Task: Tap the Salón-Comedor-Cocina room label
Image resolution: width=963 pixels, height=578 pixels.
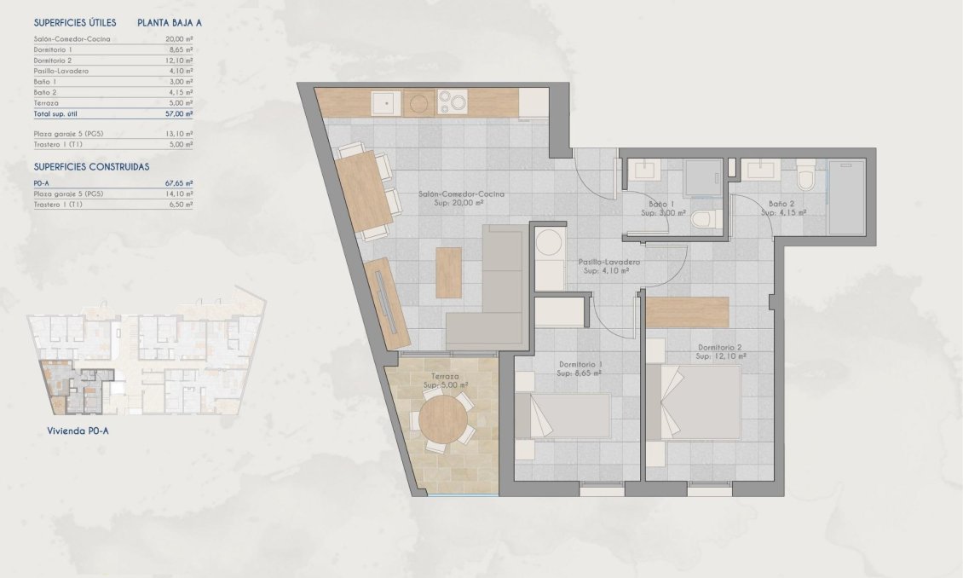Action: point(461,194)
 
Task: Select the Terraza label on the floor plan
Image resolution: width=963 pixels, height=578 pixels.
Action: point(443,376)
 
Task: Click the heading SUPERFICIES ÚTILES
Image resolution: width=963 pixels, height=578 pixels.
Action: point(69,23)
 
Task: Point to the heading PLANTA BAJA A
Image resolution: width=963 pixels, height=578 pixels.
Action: point(170,23)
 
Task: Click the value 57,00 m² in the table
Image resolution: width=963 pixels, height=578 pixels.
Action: point(179,113)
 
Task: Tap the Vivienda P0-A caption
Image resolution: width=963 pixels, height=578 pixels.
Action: point(78,431)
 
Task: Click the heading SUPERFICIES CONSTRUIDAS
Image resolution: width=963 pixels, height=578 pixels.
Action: point(91,167)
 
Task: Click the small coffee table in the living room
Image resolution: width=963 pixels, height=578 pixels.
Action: point(448,272)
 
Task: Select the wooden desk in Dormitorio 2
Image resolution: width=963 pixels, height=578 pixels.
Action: point(687,312)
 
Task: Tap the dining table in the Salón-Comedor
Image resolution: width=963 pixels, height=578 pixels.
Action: point(364,191)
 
